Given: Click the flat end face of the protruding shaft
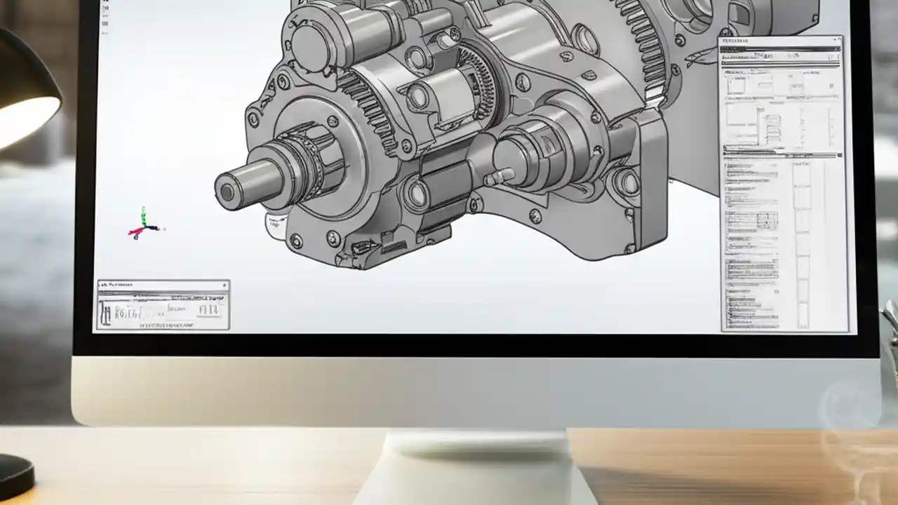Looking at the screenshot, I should tap(227, 191).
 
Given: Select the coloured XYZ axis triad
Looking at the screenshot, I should tap(144, 224).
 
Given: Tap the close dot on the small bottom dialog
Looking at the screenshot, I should tap(224, 285).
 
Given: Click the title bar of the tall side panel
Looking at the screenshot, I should tap(779, 41).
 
